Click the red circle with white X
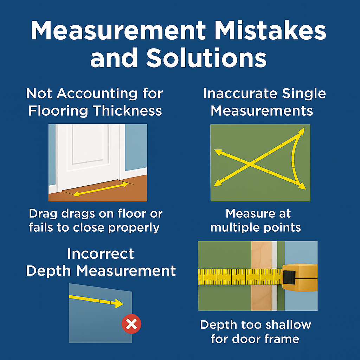click(131, 324)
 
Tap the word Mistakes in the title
click(270, 31)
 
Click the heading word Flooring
click(58, 111)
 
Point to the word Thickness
click(127, 111)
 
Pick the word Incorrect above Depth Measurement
click(101, 254)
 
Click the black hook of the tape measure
click(289, 277)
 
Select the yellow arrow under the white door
click(101, 189)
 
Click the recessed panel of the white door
click(90, 144)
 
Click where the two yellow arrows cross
click(250, 164)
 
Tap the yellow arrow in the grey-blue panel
click(96, 301)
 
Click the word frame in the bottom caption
click(284, 339)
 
